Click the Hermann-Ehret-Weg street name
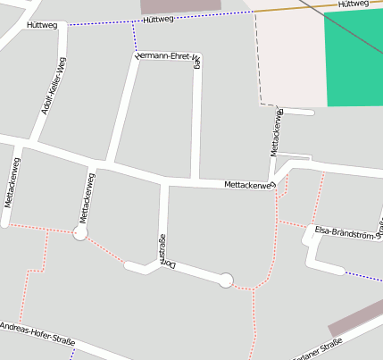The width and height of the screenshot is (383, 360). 167,57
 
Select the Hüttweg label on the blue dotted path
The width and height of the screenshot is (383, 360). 158,19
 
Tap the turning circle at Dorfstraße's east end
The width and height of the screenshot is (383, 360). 227,280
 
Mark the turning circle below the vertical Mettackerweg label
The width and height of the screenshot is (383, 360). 80,233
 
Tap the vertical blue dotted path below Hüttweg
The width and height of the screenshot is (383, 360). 135,37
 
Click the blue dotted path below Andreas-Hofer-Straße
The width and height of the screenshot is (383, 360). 72,354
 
